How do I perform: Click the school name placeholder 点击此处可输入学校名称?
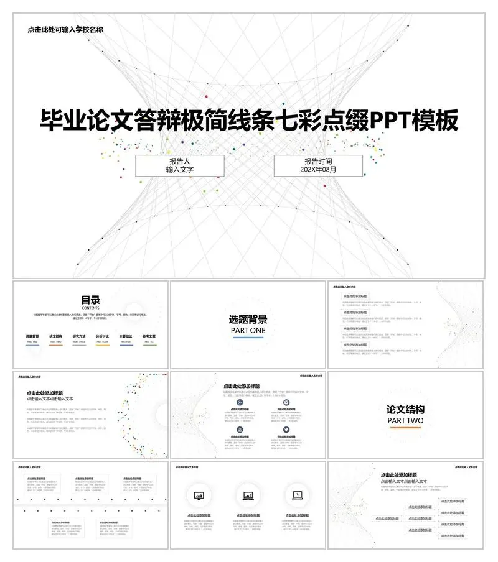pyautogui.click(x=65, y=29)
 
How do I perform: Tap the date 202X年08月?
pyautogui.click(x=318, y=170)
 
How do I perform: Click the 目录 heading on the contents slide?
pyautogui.click(x=90, y=300)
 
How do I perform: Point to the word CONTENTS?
pyautogui.click(x=90, y=308)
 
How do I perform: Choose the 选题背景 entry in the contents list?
pyautogui.click(x=32, y=336)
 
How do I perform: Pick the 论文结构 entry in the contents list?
pyautogui.click(x=56, y=336)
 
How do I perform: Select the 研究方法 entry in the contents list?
pyautogui.click(x=79, y=336)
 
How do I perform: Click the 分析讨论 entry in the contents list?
pyautogui.click(x=103, y=336)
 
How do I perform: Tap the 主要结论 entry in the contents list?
pyautogui.click(x=126, y=336)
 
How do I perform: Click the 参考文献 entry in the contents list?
pyautogui.click(x=149, y=336)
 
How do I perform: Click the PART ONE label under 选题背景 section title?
pyautogui.click(x=248, y=331)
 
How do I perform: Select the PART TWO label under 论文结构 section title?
pyautogui.click(x=405, y=420)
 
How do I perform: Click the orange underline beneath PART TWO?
pyautogui.click(x=405, y=428)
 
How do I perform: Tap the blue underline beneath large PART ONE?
pyautogui.click(x=248, y=338)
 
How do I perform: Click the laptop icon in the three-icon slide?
pyautogui.click(x=297, y=495)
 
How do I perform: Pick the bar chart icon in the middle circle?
pyautogui.click(x=248, y=495)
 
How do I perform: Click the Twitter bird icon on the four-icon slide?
pyautogui.click(x=286, y=430)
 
